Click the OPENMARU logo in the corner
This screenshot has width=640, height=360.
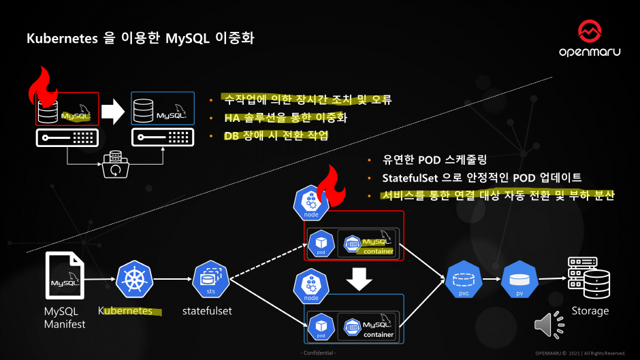(589, 39)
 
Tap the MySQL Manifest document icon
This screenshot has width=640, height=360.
(65, 275)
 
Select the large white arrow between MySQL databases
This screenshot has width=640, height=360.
(114, 110)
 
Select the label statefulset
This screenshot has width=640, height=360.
(207, 311)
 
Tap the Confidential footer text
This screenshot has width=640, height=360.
(319, 353)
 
